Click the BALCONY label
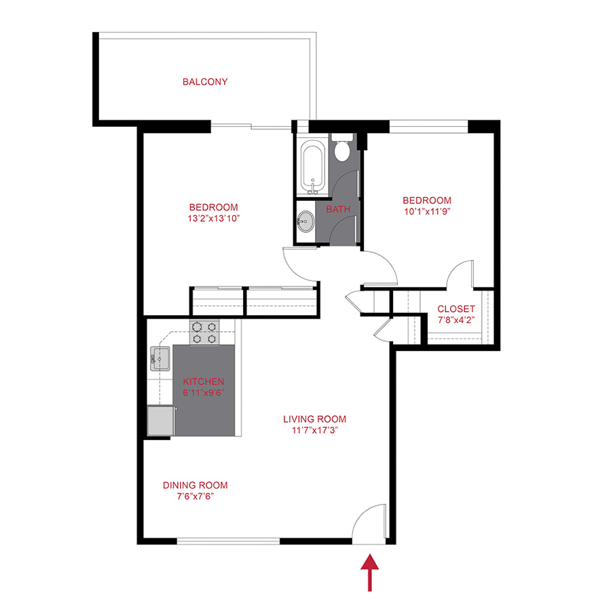(x=205, y=82)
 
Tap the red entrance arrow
(x=370, y=572)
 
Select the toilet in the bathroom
(x=342, y=149)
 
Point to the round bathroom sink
(x=305, y=220)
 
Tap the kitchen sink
(x=161, y=358)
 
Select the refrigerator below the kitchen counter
(x=160, y=420)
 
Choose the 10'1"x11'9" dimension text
(x=427, y=211)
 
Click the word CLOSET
(x=456, y=309)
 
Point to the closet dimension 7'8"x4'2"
(x=456, y=320)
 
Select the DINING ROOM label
(x=195, y=485)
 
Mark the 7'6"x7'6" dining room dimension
(x=195, y=496)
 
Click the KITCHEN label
(x=204, y=382)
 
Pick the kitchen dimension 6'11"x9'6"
(x=204, y=393)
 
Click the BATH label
(x=338, y=209)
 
